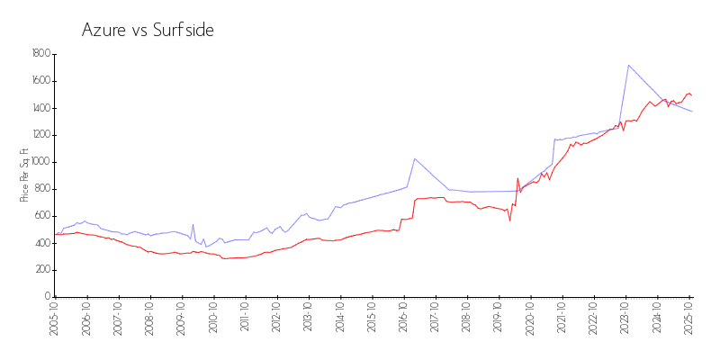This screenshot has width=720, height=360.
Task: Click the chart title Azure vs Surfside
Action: (148, 31)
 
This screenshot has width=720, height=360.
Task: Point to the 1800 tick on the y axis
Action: (40, 54)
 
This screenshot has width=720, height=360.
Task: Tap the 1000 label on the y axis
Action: (40, 162)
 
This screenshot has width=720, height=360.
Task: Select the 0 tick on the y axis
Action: (47, 297)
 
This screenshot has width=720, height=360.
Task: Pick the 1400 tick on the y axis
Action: (40, 108)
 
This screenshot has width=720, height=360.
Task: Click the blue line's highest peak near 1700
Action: (628, 65)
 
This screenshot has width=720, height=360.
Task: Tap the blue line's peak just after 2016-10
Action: (415, 158)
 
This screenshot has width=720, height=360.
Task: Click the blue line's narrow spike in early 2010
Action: (193, 225)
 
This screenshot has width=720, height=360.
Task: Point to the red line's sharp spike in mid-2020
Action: (517, 178)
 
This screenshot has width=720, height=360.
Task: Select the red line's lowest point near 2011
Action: (225, 258)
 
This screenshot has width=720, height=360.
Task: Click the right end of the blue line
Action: (691, 111)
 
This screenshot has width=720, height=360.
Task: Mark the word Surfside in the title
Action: (184, 31)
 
